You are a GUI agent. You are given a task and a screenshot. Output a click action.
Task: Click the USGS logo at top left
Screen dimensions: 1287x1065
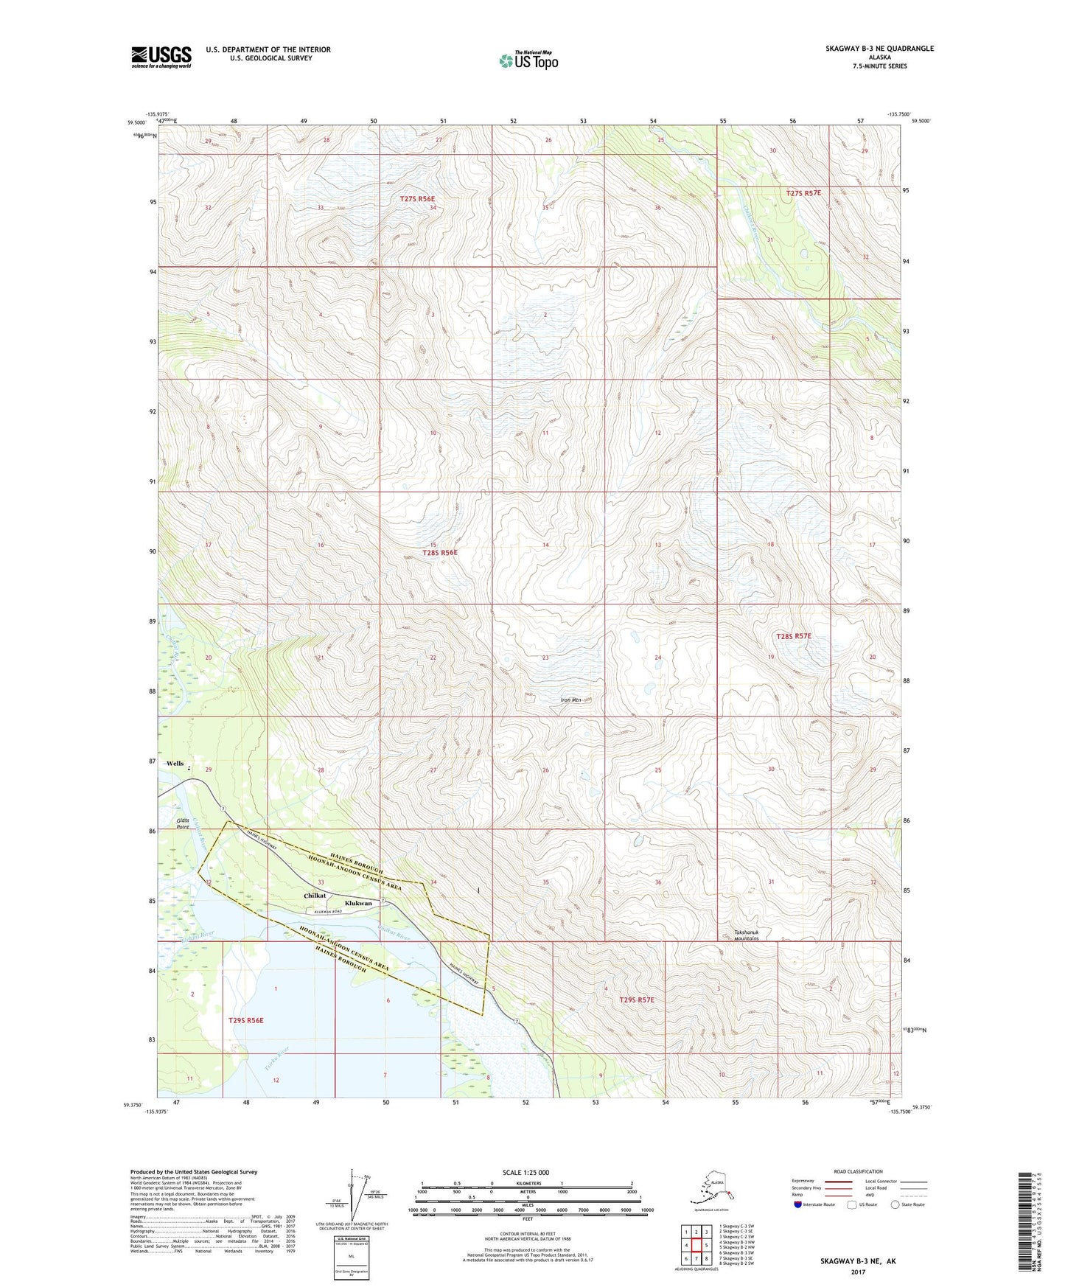point(161,57)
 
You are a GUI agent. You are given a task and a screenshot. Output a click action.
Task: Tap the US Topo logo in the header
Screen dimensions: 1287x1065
point(528,60)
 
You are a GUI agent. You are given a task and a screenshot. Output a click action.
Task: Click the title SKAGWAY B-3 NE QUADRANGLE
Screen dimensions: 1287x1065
point(879,49)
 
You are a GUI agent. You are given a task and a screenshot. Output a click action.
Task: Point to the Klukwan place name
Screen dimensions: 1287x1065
point(359,903)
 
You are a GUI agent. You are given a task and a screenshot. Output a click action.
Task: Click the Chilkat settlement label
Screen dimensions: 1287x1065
point(315,896)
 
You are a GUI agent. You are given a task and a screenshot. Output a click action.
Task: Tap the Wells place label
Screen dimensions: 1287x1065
point(175,764)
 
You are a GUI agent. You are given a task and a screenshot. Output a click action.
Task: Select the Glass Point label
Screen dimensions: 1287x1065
point(183,824)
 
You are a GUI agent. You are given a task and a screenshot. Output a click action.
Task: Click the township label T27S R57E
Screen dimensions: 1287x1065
point(803,193)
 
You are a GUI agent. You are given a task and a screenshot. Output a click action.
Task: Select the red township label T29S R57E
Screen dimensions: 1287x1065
point(636,1000)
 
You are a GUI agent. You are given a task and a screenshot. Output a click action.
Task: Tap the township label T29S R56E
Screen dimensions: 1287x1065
point(245,1020)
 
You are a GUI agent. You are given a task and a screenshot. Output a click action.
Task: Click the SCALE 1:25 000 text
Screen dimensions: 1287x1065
point(525,1173)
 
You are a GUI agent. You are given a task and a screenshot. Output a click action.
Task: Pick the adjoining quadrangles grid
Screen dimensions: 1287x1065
point(695,1246)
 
